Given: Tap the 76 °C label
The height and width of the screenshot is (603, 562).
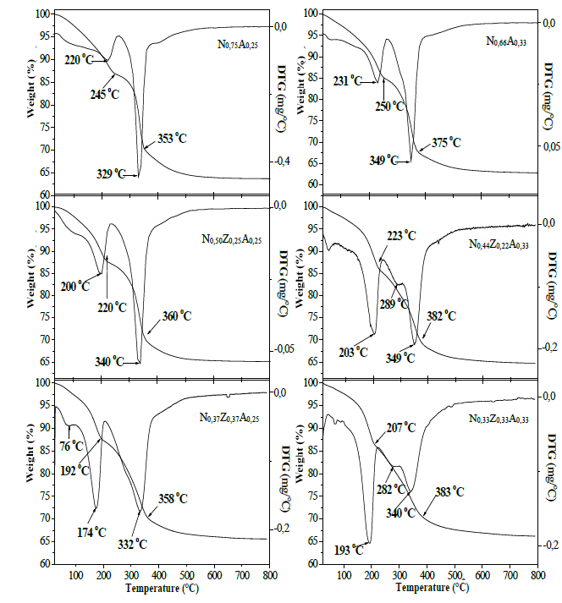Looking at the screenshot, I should click(x=71, y=445).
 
